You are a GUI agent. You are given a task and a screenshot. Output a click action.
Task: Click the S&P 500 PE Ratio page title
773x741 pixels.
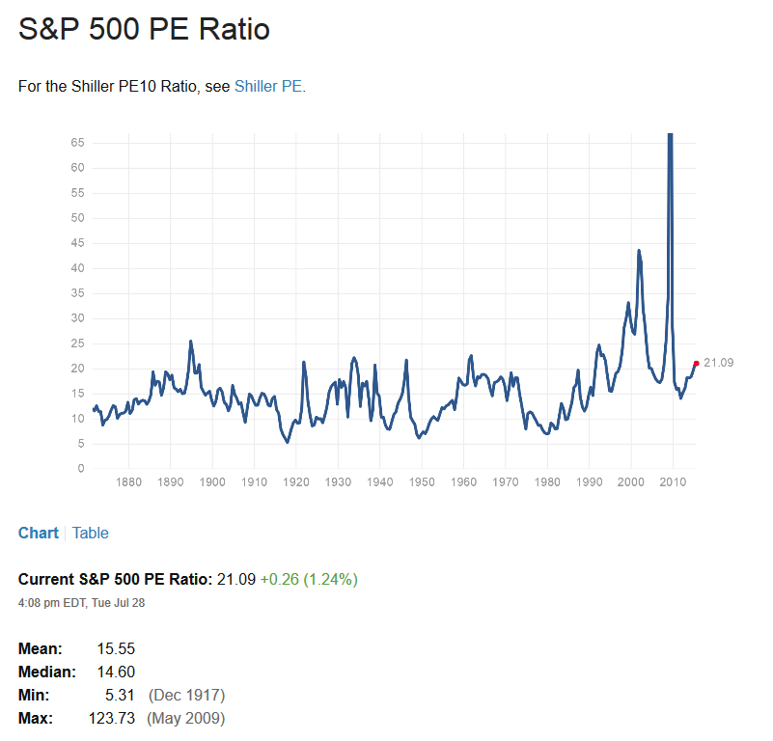pyautogui.click(x=144, y=29)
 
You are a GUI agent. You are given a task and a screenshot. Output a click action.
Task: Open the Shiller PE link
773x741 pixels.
pyautogui.click(x=269, y=87)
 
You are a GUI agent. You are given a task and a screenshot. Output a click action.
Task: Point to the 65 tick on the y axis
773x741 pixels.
pyautogui.click(x=77, y=143)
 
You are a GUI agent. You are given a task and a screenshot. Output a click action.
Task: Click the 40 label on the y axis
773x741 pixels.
pyautogui.click(x=77, y=268)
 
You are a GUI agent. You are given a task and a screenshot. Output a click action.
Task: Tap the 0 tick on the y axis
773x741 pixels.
pyautogui.click(x=80, y=469)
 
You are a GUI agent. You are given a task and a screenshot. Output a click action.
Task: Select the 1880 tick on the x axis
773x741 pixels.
pyautogui.click(x=128, y=482)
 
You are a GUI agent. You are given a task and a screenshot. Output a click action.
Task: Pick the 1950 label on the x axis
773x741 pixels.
pyautogui.click(x=422, y=482)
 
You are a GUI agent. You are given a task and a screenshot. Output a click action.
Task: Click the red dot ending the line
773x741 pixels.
pyautogui.click(x=696, y=363)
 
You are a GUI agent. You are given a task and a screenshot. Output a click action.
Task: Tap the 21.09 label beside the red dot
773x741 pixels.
pyautogui.click(x=719, y=363)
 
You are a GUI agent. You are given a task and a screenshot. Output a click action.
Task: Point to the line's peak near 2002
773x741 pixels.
pyautogui.click(x=638, y=251)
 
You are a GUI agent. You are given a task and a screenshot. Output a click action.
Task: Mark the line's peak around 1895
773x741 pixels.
pyautogui.click(x=190, y=341)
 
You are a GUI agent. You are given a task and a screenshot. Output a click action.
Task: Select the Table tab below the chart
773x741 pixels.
pyautogui.click(x=91, y=533)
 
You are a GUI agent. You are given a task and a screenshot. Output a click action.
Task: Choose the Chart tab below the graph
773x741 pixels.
pyautogui.click(x=39, y=533)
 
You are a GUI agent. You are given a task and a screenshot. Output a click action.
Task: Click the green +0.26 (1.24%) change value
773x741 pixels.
pyautogui.click(x=309, y=580)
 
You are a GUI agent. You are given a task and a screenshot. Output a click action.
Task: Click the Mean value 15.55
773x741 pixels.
pyautogui.click(x=116, y=648)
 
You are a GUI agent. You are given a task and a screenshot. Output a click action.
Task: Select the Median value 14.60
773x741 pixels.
pyautogui.click(x=116, y=672)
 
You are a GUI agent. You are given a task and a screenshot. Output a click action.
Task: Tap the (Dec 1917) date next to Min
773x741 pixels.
pyautogui.click(x=186, y=695)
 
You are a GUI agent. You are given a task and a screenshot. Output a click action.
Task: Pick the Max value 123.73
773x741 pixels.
pyautogui.click(x=112, y=718)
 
